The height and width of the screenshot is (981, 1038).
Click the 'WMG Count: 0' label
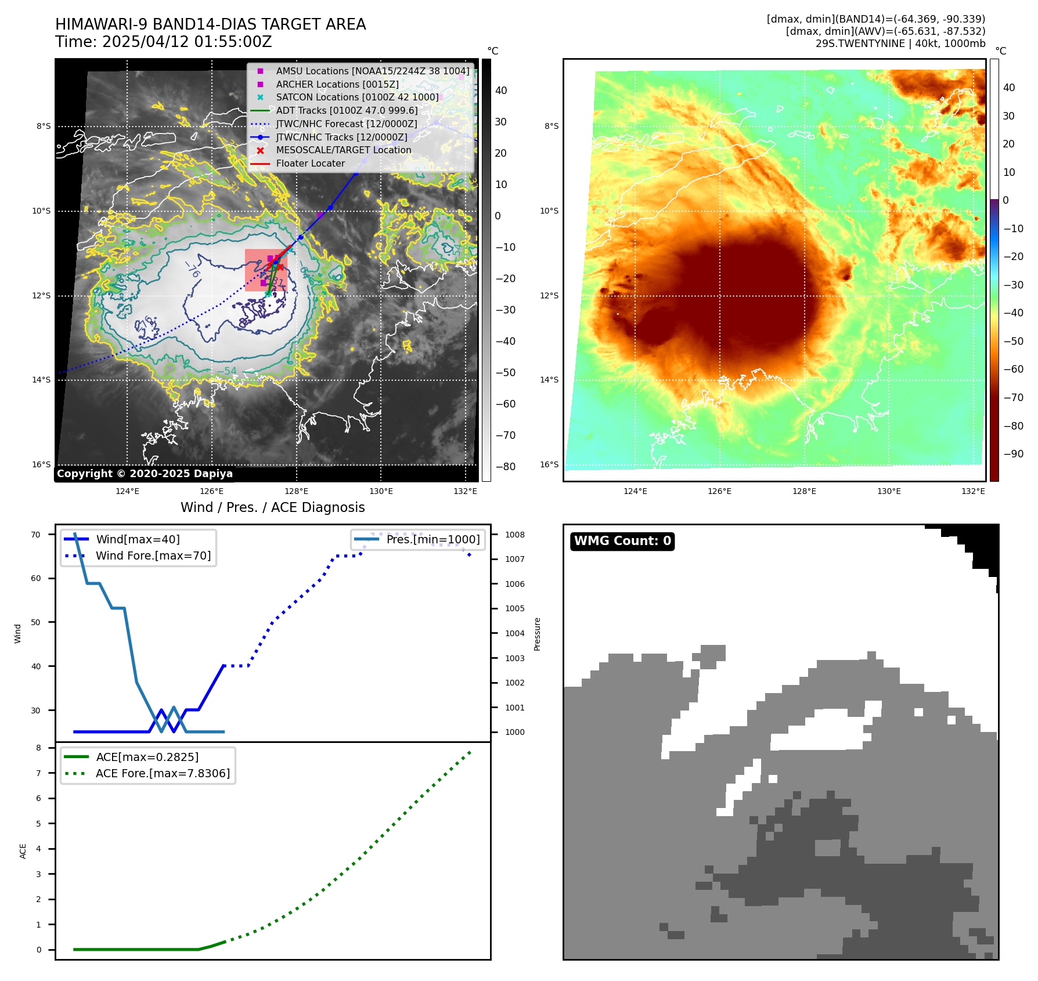(622, 541)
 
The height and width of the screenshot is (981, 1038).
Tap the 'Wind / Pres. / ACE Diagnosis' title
(272, 507)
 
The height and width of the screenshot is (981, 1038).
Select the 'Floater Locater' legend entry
(310, 163)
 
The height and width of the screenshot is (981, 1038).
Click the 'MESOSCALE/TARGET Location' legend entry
(343, 150)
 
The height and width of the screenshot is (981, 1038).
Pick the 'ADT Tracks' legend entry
(347, 110)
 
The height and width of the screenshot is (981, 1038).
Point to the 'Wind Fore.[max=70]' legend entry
(153, 556)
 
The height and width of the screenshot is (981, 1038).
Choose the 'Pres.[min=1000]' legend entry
(432, 539)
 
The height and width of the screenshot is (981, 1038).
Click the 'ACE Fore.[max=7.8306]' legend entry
(163, 773)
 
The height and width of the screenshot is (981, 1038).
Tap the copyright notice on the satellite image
(145, 473)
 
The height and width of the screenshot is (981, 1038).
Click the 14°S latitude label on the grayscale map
(41, 380)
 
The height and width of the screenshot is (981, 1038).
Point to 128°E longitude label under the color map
(804, 491)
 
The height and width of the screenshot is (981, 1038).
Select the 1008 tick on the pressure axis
(514, 535)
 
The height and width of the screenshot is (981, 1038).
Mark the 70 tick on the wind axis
(36, 535)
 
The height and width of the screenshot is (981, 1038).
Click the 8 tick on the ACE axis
(39, 748)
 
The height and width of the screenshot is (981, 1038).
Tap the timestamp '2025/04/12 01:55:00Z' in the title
(187, 42)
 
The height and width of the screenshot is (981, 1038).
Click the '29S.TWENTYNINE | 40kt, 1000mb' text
(900, 44)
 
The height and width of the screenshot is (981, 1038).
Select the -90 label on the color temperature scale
(1014, 454)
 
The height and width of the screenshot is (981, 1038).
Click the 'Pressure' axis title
(537, 634)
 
